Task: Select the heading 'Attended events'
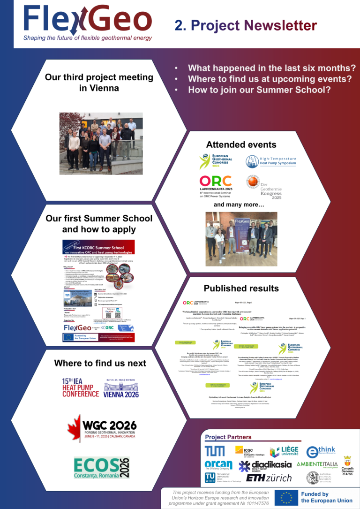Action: click(x=241, y=144)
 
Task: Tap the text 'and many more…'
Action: click(x=239, y=205)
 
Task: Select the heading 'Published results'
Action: click(x=241, y=288)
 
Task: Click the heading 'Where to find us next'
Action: click(x=100, y=363)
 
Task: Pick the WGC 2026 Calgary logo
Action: click(x=102, y=428)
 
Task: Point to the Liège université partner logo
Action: click(x=284, y=452)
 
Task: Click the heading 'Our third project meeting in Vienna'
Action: click(x=99, y=82)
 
